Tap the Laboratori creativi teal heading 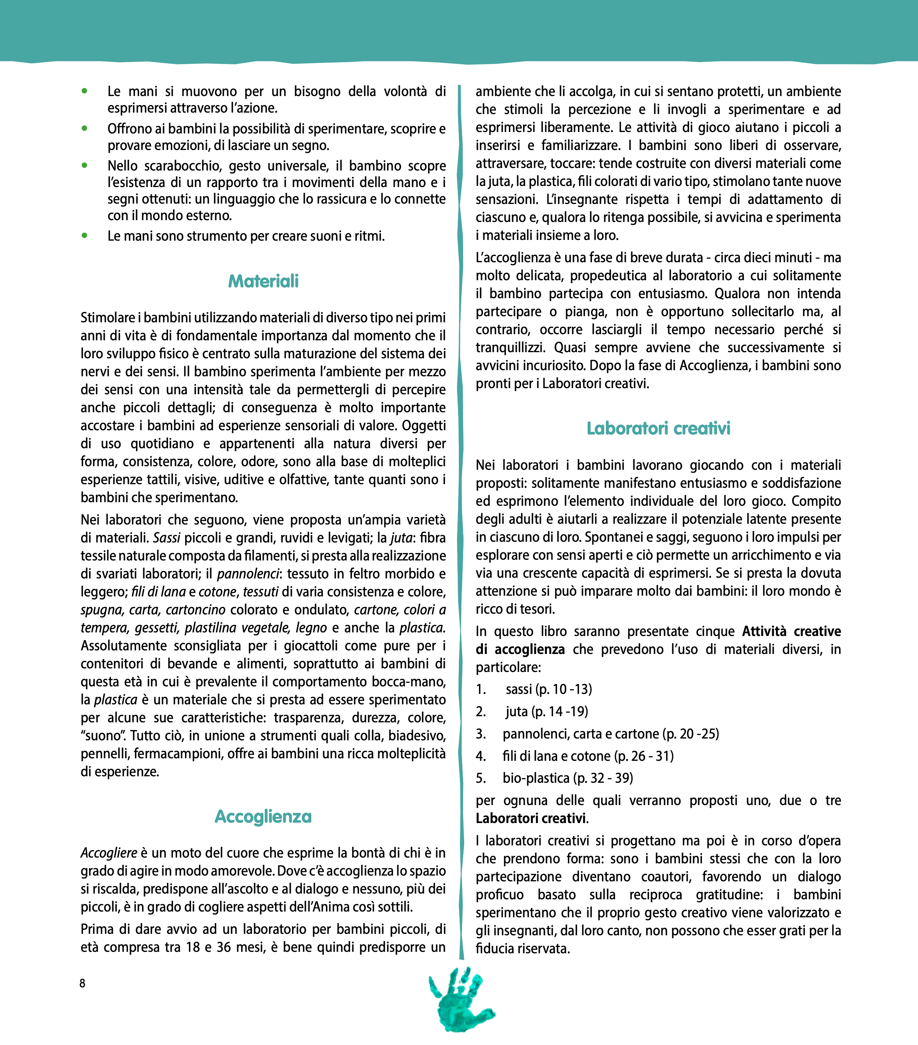(x=658, y=428)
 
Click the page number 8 (x=82, y=983)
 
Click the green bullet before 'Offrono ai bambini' (x=84, y=128)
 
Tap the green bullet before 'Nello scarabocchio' (x=84, y=165)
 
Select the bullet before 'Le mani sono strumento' (x=84, y=236)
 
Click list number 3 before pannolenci (x=481, y=733)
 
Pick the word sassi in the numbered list (x=519, y=689)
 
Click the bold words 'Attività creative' (x=791, y=631)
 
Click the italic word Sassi (x=167, y=538)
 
